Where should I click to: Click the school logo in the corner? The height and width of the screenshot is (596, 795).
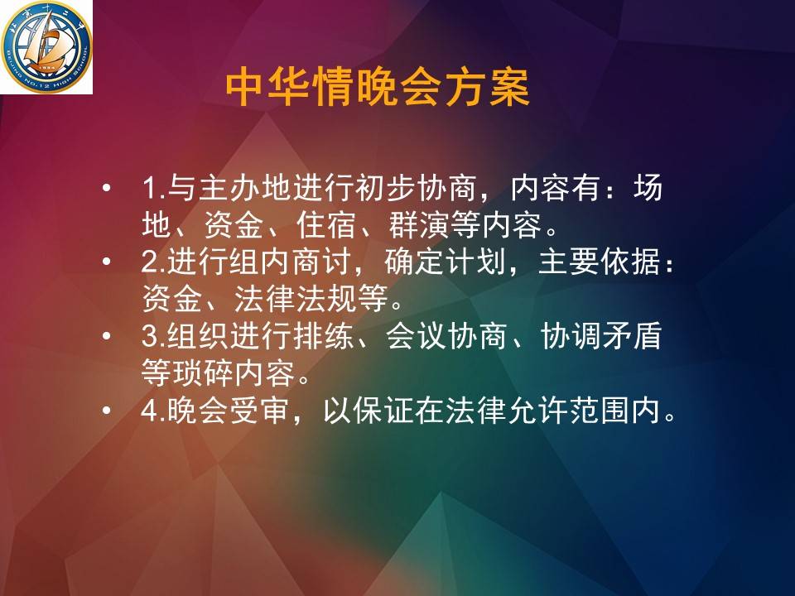pos(46,47)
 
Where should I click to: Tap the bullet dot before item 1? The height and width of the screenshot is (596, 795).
pos(106,189)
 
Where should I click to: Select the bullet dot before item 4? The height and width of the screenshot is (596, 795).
pos(106,411)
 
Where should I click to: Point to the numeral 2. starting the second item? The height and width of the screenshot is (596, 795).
pos(154,262)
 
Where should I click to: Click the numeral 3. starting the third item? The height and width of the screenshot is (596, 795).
pos(154,336)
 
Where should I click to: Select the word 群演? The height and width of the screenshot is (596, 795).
pos(420,225)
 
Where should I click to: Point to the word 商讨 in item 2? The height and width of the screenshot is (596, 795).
pos(322,262)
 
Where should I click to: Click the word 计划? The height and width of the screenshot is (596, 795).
pos(477,262)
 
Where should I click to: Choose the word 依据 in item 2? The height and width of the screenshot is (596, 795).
pos(632,262)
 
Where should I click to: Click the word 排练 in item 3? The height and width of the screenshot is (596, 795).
pos(322,336)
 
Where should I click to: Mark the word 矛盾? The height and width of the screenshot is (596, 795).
pos(632,336)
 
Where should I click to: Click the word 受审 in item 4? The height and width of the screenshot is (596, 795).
pos(261,410)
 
